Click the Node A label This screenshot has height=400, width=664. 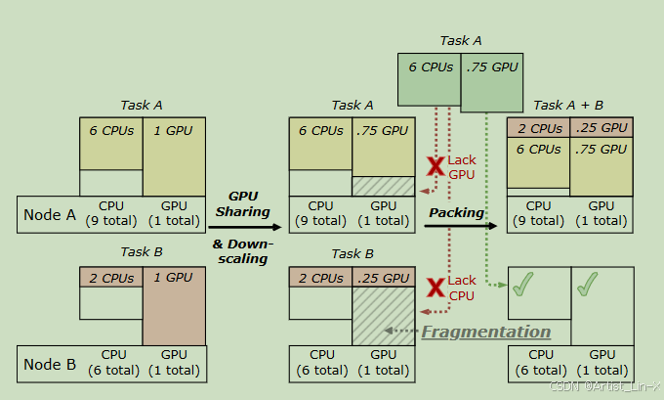tap(49, 215)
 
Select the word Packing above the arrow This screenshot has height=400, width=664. tap(457, 212)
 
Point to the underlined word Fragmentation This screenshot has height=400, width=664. tap(485, 333)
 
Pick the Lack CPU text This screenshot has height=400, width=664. tap(463, 288)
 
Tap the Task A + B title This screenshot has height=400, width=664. tap(568, 105)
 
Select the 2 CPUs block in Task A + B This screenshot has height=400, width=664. tap(538, 127)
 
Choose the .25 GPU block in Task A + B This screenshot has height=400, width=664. tap(601, 127)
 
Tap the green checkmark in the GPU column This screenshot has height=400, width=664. tap(586, 286)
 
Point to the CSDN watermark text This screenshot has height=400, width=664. tap(605, 387)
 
